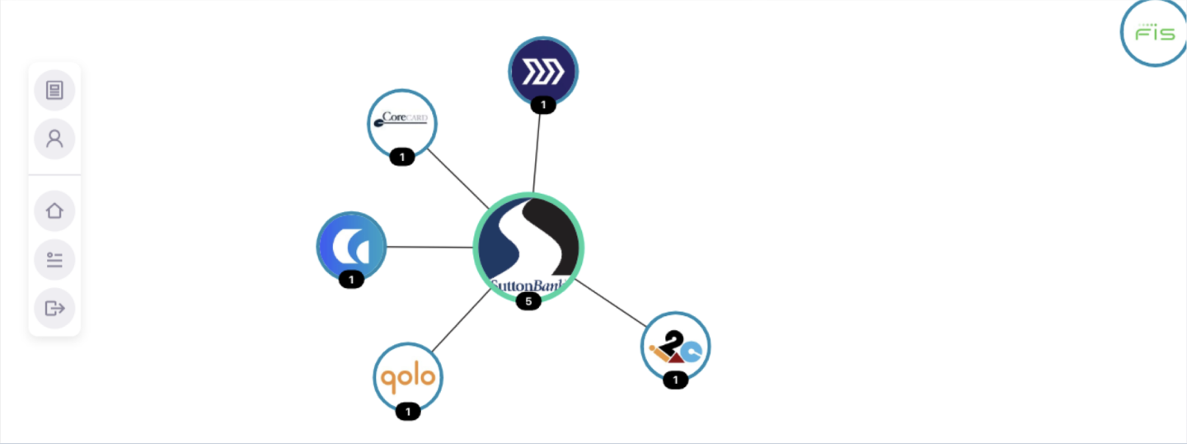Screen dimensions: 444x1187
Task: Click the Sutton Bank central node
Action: (x=528, y=247)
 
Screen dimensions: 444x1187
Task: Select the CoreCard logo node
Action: (x=401, y=123)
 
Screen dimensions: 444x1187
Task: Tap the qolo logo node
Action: (x=408, y=377)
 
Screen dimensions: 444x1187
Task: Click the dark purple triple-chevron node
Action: (x=542, y=71)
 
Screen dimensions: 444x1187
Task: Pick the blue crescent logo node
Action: (x=352, y=246)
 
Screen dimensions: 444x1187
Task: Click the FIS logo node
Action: (x=1154, y=33)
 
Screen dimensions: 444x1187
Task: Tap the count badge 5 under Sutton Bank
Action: (x=528, y=301)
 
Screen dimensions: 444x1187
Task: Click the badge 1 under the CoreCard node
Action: (x=401, y=157)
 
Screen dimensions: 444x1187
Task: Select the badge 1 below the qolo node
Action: (x=408, y=411)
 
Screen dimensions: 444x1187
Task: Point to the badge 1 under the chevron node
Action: (x=542, y=105)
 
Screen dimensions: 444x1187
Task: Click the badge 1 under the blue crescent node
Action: (x=351, y=280)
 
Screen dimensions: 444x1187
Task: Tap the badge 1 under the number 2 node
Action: (x=675, y=380)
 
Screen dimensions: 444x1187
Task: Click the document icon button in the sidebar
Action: (x=54, y=90)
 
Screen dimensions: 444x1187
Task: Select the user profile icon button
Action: (x=54, y=139)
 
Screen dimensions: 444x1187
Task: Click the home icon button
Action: (x=54, y=211)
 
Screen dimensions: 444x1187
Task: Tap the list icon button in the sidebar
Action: (x=54, y=260)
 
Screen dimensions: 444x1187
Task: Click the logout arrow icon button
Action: (x=54, y=309)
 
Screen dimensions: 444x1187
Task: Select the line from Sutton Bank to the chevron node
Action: (x=537, y=153)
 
